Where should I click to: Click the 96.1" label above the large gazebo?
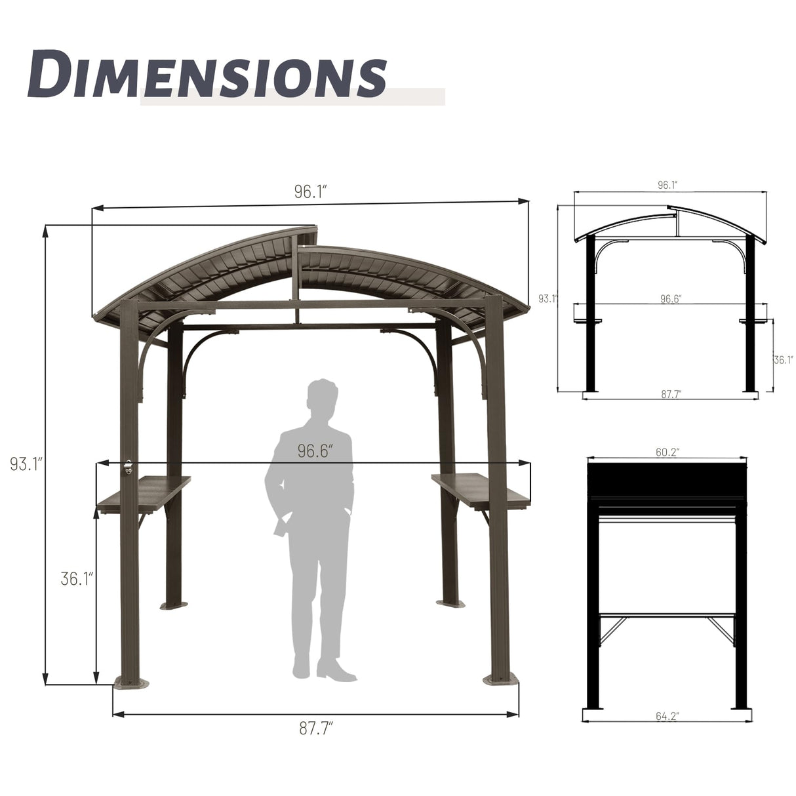(310, 191)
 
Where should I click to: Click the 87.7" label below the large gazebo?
(316, 728)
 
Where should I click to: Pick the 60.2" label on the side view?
(667, 452)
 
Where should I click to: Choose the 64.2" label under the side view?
(667, 717)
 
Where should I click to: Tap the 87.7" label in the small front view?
(670, 394)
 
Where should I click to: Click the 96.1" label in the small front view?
(667, 185)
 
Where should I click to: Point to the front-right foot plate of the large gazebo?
(501, 679)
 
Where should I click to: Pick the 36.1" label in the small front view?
(783, 359)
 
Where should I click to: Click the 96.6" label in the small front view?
(670, 299)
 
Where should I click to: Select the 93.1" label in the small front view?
(547, 299)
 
